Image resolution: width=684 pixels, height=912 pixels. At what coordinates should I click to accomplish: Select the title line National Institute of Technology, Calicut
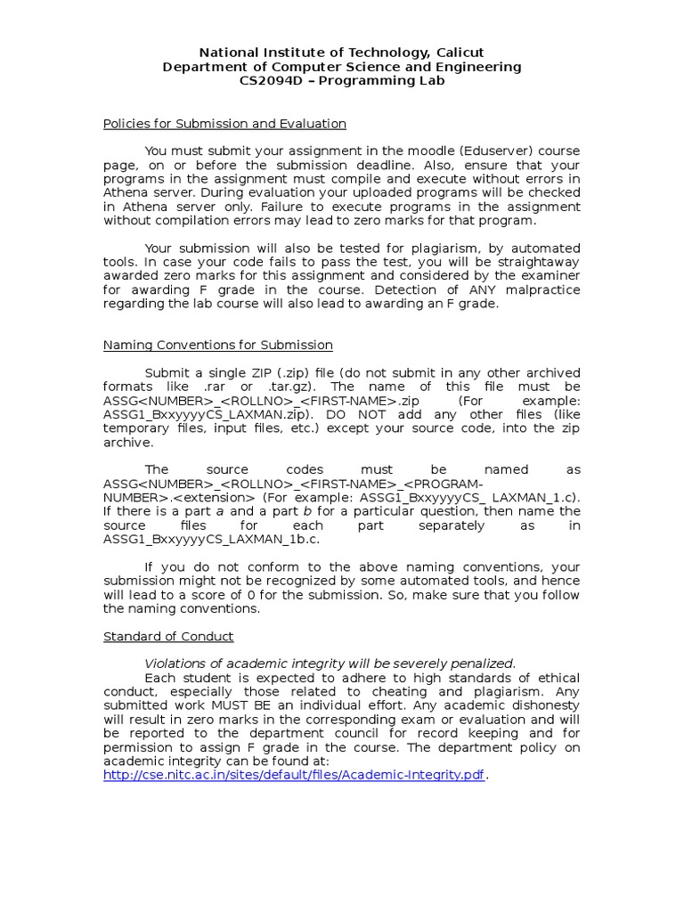341,53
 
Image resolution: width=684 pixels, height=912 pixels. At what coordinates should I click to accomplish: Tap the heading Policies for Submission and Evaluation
224,124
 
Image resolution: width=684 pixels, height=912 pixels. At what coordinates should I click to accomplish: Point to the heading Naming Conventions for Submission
218,345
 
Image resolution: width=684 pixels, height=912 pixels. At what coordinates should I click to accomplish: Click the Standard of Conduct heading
168,636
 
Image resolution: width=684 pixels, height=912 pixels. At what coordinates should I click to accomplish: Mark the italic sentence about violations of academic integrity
330,664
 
